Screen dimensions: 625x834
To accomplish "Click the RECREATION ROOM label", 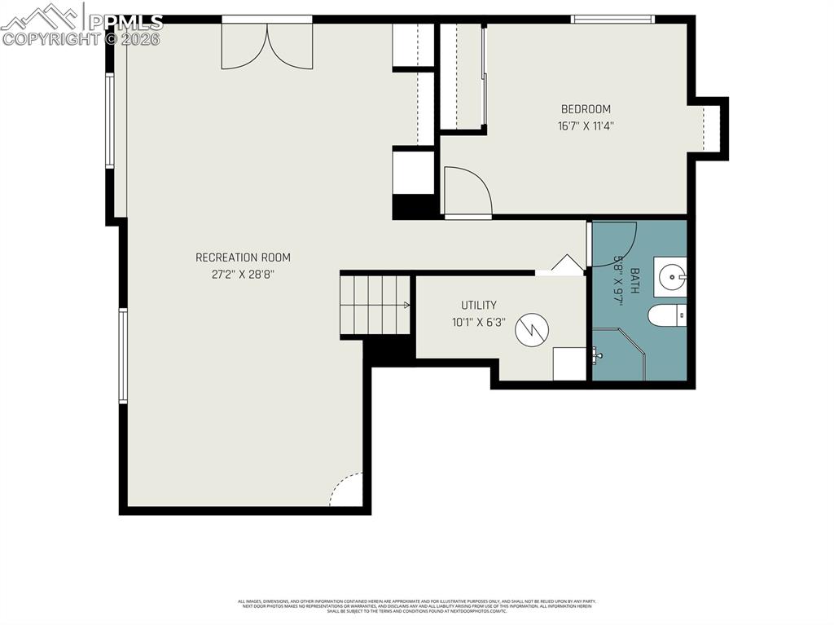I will (x=243, y=257).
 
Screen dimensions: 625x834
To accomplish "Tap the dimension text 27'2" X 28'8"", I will (x=243, y=275).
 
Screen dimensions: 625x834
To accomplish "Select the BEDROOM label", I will (x=585, y=109).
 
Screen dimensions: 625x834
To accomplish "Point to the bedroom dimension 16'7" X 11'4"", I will (x=585, y=126).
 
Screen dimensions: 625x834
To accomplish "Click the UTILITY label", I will (x=479, y=306).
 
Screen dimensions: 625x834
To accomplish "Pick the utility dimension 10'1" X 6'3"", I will (x=479, y=322).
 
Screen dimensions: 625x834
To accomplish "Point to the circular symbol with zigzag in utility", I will (x=532, y=329).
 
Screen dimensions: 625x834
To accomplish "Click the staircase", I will (x=375, y=305).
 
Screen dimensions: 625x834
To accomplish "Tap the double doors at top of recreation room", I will (x=267, y=45).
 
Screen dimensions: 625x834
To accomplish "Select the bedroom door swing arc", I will (x=467, y=192).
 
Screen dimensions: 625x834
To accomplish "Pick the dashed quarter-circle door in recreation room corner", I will (x=348, y=491).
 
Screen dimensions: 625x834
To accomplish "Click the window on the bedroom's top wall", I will (x=612, y=19).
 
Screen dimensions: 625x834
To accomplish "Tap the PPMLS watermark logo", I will (x=81, y=24).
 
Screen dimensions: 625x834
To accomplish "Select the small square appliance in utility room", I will (x=568, y=364).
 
